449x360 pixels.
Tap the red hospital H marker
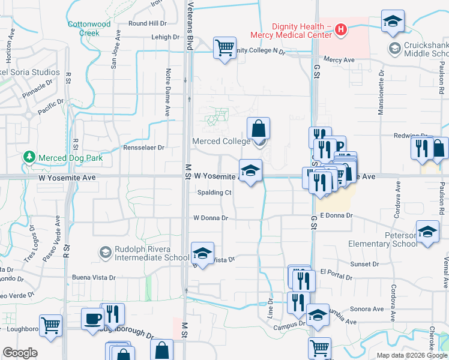click(x=341, y=29)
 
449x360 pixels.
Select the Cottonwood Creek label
click(x=89, y=28)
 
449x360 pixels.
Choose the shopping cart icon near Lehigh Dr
click(x=224, y=47)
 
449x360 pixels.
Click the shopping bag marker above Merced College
click(x=258, y=128)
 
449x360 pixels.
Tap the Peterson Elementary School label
click(x=383, y=239)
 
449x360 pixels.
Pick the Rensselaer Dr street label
click(x=143, y=148)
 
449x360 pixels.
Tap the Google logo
click(x=20, y=353)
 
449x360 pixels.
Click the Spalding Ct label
click(x=214, y=193)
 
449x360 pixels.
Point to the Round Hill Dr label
click(x=147, y=23)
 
